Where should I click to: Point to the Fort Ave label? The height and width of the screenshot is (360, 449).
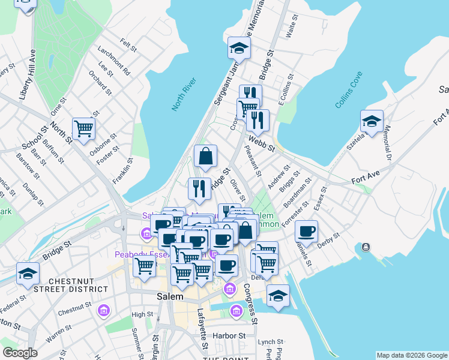(366, 178)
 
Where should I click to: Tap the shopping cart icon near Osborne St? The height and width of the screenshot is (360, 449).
(83, 128)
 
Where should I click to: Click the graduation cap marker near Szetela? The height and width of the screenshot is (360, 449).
(372, 121)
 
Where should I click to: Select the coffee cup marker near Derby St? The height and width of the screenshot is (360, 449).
(306, 230)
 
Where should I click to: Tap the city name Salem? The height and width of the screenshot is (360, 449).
(169, 296)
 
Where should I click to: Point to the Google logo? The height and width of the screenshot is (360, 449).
(19, 353)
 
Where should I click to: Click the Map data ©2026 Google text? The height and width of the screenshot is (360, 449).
(412, 355)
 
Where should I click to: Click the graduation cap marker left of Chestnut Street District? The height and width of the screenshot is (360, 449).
(27, 274)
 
